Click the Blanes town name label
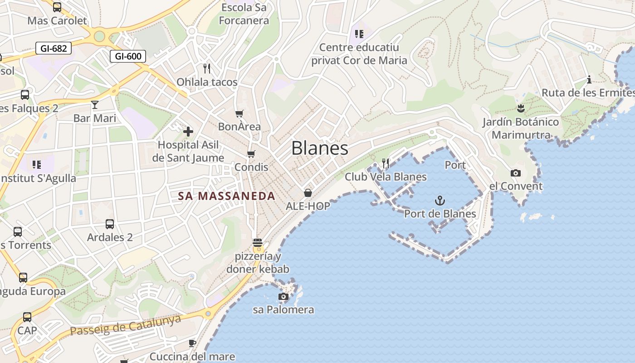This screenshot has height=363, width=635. [x=320, y=148]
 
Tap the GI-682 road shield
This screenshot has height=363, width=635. [x=54, y=48]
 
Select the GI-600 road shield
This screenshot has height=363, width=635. [x=128, y=56]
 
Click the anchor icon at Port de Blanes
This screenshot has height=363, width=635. [x=440, y=200]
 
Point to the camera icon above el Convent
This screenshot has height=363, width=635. [x=515, y=173]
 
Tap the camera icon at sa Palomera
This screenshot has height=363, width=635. [x=283, y=297]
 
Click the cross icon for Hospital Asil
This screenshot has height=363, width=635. [x=188, y=132]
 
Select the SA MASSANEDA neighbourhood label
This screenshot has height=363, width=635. [x=226, y=196]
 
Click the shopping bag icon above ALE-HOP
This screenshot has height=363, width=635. [x=308, y=193]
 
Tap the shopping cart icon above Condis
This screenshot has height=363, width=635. [x=251, y=154]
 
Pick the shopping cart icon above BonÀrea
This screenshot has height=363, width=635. [x=239, y=113]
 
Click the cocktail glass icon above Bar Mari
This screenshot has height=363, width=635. [x=94, y=105]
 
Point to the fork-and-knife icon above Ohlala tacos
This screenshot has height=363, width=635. [x=207, y=69]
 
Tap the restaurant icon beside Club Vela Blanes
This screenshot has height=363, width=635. [x=386, y=163]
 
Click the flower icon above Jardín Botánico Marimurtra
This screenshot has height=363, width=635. [x=520, y=108]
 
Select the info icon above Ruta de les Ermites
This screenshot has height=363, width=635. [x=589, y=80]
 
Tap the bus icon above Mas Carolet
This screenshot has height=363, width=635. [x=57, y=7]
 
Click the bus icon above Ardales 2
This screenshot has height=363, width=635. [x=110, y=224]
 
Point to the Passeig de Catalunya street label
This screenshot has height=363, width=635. [x=126, y=325]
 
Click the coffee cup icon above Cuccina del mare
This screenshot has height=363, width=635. [x=192, y=343]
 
